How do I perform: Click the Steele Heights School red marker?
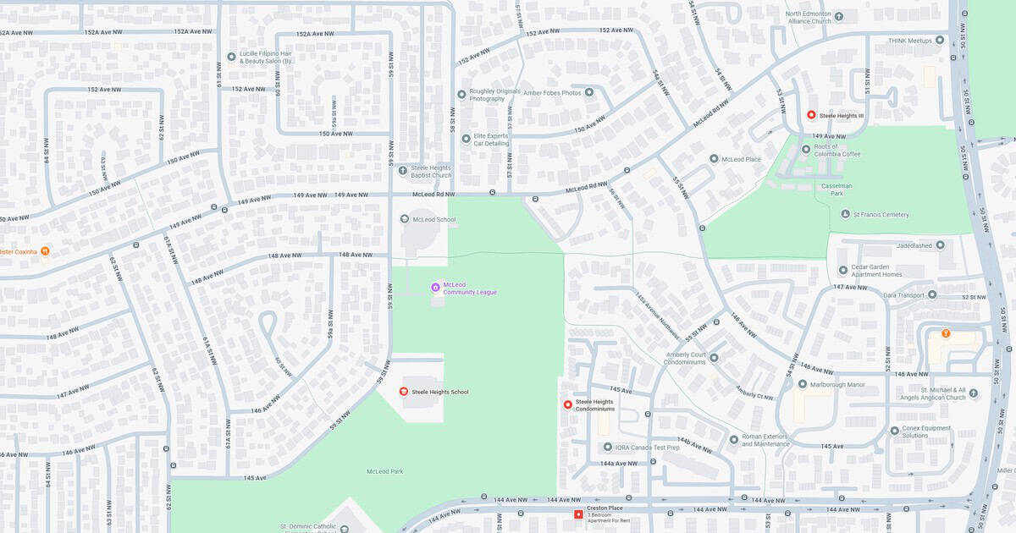[404, 391]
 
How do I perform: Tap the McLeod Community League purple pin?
[435, 288]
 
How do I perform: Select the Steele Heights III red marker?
[810, 115]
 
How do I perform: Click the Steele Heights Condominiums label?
[594, 405]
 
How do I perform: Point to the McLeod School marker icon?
[404, 219]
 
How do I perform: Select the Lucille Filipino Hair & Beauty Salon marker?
[230, 58]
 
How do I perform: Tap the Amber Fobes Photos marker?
[588, 92]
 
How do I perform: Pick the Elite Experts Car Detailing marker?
[466, 139]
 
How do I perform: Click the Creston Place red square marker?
[578, 514]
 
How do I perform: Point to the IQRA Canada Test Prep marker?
[607, 447]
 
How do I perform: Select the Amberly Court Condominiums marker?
[714, 358]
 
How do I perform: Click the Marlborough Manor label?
[837, 385]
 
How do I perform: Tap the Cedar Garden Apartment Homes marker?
[842, 271]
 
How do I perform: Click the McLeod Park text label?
[384, 471]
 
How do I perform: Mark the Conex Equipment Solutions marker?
[895, 430]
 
